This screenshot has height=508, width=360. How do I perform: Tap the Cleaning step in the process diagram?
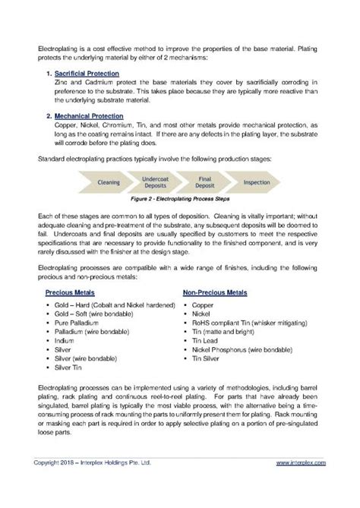tap(110, 183)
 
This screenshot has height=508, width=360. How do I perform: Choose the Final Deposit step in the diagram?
tap(205, 183)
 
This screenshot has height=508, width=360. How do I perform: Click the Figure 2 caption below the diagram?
tap(180, 202)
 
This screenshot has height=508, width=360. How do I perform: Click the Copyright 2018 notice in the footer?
tap(94, 483)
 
